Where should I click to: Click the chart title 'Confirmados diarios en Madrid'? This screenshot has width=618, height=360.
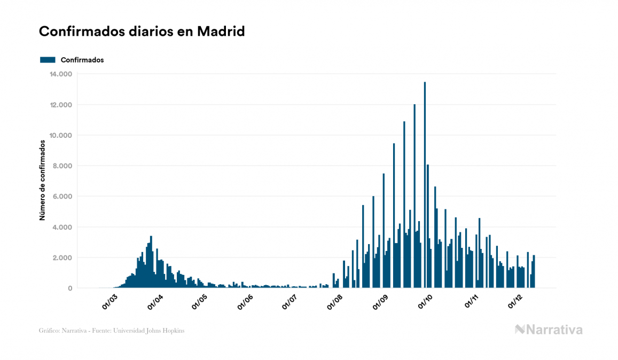142,32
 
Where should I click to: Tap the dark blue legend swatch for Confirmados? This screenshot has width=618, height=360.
48,60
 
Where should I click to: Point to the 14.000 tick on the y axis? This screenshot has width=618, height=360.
60,74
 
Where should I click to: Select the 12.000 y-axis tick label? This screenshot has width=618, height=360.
60,105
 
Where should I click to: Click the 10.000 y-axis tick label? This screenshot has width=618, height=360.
60,135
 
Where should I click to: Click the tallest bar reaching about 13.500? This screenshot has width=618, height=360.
425,187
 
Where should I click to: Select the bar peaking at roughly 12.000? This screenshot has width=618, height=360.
414,198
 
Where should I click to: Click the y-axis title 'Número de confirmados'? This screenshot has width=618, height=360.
42,181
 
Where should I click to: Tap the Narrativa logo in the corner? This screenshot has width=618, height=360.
549,330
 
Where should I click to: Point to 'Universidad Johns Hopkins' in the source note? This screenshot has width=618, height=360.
155,331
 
